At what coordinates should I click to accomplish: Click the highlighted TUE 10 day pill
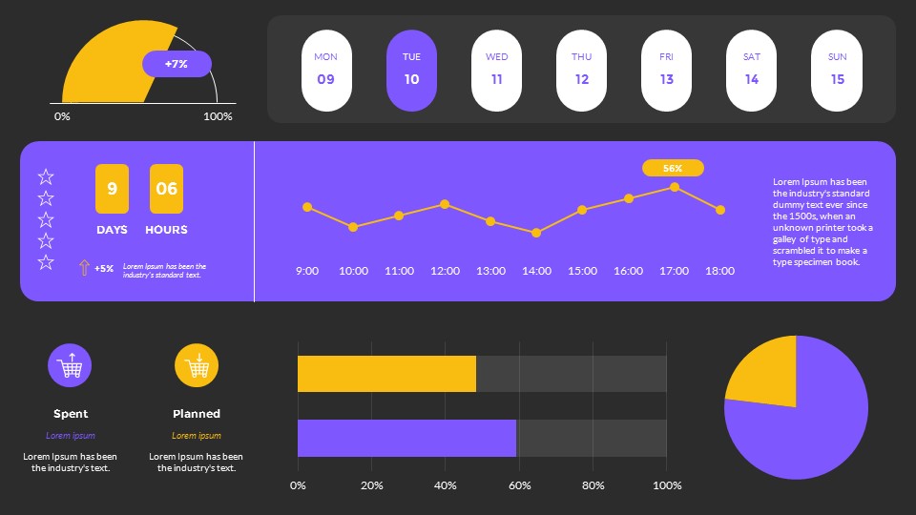click(x=411, y=70)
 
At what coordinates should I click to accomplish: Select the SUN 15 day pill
click(x=837, y=70)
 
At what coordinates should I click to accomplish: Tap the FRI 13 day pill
click(x=666, y=70)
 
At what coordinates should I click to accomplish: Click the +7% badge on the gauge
click(x=177, y=64)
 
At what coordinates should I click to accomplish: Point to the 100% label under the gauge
click(x=218, y=116)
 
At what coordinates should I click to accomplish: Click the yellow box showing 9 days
click(x=112, y=189)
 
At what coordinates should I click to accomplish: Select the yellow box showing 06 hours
click(x=166, y=189)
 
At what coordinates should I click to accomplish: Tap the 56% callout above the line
click(x=673, y=168)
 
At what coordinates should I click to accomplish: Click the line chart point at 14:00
click(x=536, y=233)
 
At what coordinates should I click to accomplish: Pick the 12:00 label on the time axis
click(x=445, y=271)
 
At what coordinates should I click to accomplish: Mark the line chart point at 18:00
click(x=720, y=210)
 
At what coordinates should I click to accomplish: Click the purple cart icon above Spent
click(x=70, y=365)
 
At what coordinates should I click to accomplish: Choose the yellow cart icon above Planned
click(x=197, y=365)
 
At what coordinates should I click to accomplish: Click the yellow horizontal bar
click(x=386, y=374)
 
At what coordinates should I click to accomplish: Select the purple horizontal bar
click(x=406, y=438)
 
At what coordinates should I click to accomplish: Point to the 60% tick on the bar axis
click(x=518, y=485)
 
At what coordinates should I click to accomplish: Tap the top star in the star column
click(x=46, y=176)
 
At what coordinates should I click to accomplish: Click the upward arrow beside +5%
click(x=84, y=268)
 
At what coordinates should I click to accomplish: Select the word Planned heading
click(x=197, y=414)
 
